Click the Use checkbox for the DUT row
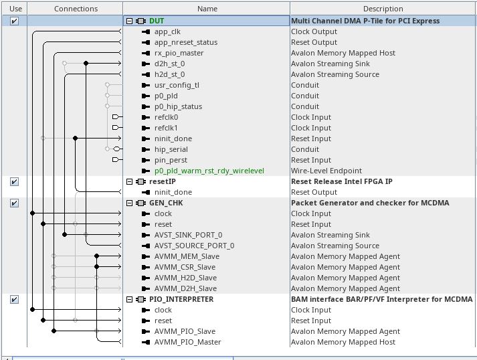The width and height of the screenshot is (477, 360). pyautogui.click(x=14, y=21)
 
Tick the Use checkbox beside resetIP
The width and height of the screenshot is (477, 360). pyautogui.click(x=14, y=181)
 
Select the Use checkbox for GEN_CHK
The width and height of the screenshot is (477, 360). pyautogui.click(x=14, y=203)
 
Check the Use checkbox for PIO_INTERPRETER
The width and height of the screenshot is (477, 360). pyautogui.click(x=14, y=299)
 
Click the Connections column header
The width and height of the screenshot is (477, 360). pyautogui.click(x=76, y=9)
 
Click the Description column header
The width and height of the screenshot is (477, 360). pyautogui.click(x=383, y=9)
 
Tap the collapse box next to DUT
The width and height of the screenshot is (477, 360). pyautogui.click(x=129, y=21)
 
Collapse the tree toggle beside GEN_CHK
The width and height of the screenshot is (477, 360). pyautogui.click(x=129, y=203)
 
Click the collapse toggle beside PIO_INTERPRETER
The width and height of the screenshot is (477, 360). pyautogui.click(x=129, y=299)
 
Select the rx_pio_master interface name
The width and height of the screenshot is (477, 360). pyautogui.click(x=179, y=53)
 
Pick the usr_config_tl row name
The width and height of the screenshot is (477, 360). pyautogui.click(x=177, y=85)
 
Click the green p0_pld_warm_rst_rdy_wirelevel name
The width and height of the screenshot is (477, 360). pyautogui.click(x=209, y=171)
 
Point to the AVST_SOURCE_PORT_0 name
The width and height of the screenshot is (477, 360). pyautogui.click(x=194, y=246)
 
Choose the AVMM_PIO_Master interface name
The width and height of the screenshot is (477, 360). pyautogui.click(x=187, y=342)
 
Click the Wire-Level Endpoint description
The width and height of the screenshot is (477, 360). pyautogui.click(x=326, y=171)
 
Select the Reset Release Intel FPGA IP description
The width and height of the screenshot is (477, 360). pyautogui.click(x=341, y=181)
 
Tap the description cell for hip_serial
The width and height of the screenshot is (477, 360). pyautogui.click(x=305, y=149)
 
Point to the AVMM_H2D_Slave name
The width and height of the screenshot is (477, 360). pyautogui.click(x=185, y=278)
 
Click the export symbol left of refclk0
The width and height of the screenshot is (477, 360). pyautogui.click(x=116, y=117)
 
